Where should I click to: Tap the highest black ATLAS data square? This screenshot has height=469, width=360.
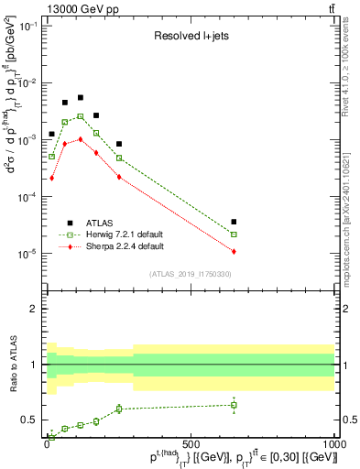[x=81, y=97]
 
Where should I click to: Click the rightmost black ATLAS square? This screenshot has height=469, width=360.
[x=235, y=222]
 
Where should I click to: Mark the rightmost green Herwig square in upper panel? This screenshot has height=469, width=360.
[x=235, y=234]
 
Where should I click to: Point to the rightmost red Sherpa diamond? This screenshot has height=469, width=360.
[x=235, y=251]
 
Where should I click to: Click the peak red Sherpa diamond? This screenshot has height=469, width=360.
[x=81, y=139]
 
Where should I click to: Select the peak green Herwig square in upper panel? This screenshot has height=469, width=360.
[x=81, y=116]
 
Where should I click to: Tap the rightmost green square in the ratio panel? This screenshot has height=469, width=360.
[x=235, y=405]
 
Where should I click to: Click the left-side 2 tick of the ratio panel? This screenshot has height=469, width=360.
[x=33, y=309]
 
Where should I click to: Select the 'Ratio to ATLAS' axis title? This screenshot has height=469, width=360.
[x=11, y=365]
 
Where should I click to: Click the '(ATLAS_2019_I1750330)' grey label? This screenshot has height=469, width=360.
[x=191, y=274]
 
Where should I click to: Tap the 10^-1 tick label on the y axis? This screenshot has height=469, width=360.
[x=27, y=26]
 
